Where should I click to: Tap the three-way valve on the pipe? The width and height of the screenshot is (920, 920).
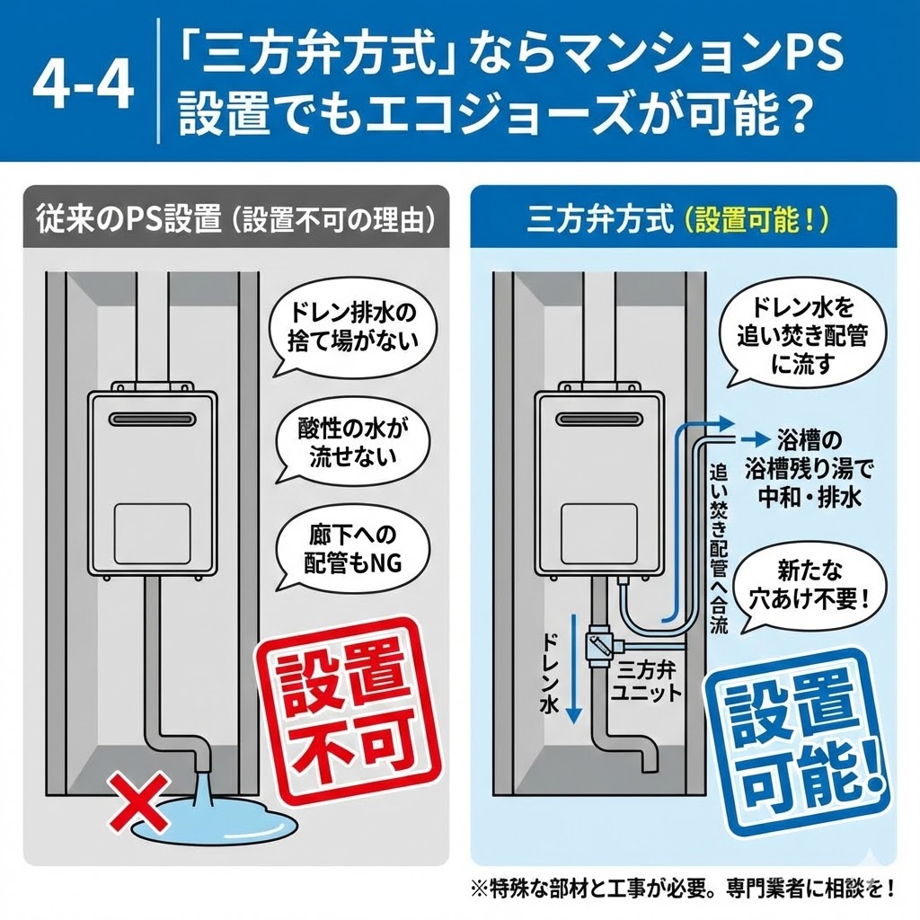[x=597, y=644]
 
